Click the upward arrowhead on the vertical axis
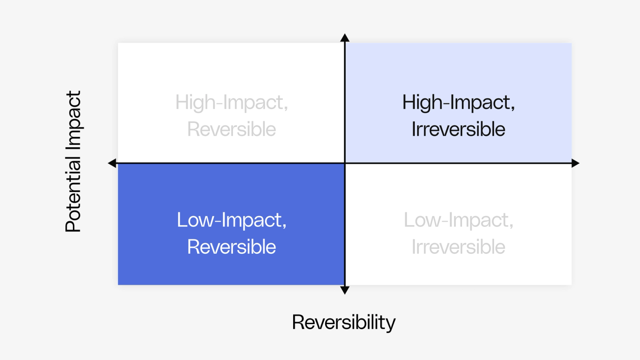[x=345, y=38]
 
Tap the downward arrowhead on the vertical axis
[x=345, y=290]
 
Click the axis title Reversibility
[x=343, y=322]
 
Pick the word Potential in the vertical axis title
[x=73, y=195]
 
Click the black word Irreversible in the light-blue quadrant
[x=458, y=129]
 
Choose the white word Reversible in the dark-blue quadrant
[x=231, y=247]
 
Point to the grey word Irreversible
[x=458, y=247]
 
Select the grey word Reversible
[x=231, y=129]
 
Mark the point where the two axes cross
[x=345, y=163]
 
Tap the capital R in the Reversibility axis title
[x=298, y=322]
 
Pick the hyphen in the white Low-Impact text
[x=218, y=221]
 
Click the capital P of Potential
[x=73, y=225]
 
